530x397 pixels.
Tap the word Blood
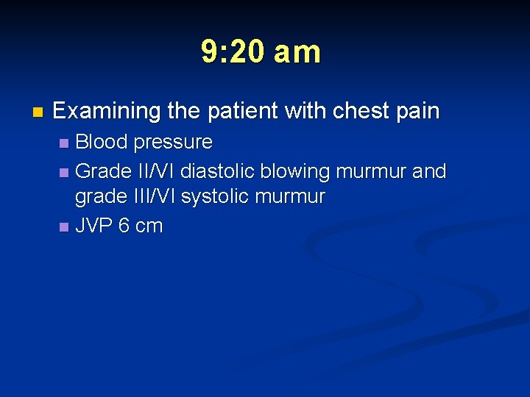pyautogui.click(x=102, y=141)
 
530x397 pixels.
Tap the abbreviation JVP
pyautogui.click(x=94, y=226)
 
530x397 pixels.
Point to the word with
pyautogui.click(x=305, y=112)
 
